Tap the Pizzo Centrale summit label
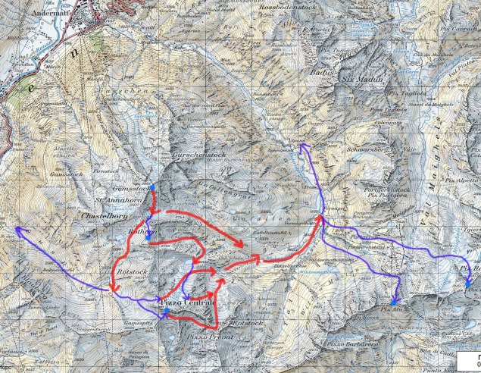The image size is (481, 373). (x=189, y=303)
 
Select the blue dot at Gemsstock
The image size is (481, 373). (x=152, y=187)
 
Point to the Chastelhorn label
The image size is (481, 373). (x=102, y=215)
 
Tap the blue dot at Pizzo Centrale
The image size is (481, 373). (x=166, y=311)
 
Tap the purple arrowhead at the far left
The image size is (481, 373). (x=17, y=228)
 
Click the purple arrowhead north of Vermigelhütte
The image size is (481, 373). (x=301, y=145)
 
